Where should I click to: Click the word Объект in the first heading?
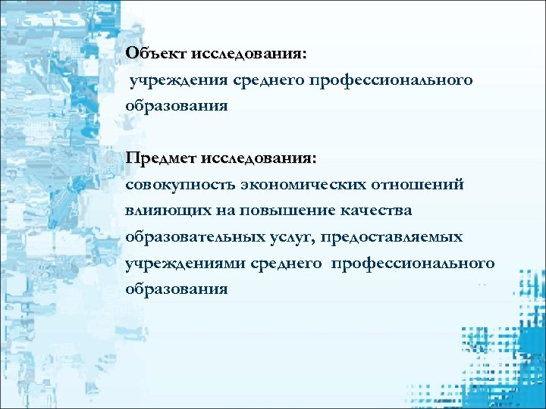coord(156,54)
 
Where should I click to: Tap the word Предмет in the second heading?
coord(160,158)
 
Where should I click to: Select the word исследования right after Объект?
coord(249,54)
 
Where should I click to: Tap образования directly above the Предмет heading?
coord(177,106)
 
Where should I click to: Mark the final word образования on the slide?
coord(177,289)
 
